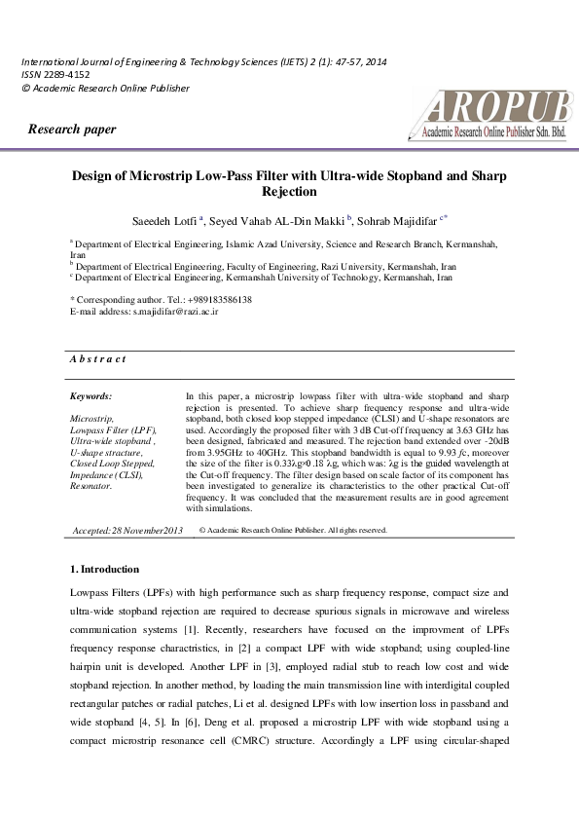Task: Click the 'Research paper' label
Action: coord(72,130)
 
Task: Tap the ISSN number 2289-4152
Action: coord(65,74)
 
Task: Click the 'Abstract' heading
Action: coord(97,359)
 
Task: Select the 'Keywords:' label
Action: coord(91,396)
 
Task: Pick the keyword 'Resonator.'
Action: coord(91,485)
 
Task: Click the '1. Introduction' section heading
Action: coord(104,569)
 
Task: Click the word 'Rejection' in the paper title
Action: coord(290,193)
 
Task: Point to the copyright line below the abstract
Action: coord(292,531)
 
